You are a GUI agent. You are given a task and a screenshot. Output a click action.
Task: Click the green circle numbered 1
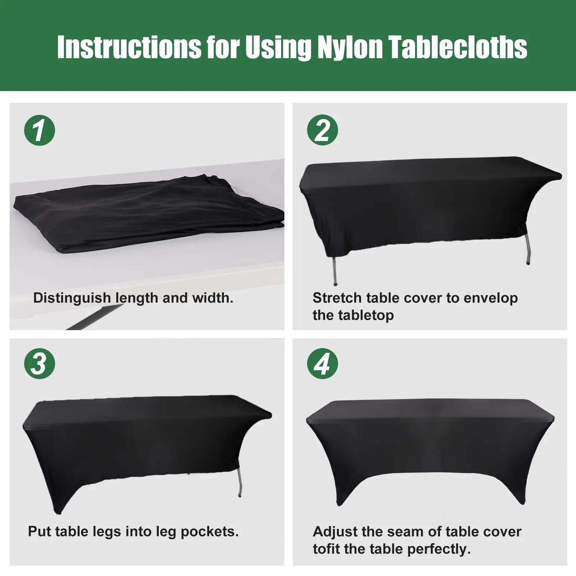[40, 130]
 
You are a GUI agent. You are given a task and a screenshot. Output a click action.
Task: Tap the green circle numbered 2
[323, 130]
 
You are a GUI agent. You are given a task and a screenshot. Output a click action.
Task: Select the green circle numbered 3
[40, 364]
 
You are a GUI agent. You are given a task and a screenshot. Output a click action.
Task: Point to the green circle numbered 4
[323, 364]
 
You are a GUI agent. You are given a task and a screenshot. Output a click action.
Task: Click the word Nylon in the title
[350, 47]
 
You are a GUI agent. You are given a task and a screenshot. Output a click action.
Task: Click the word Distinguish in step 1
[72, 298]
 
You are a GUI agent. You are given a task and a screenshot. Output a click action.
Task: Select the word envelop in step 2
[491, 298]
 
